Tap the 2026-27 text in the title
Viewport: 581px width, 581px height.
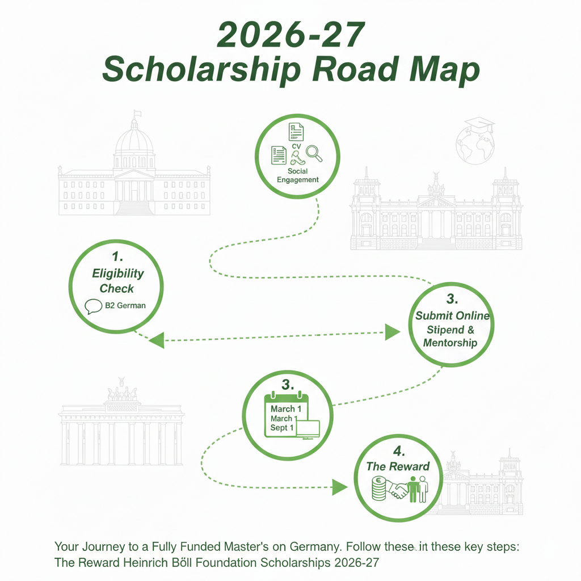click(x=290, y=35)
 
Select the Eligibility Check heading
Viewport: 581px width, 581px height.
click(x=118, y=280)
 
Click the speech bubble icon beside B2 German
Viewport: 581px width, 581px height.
click(x=93, y=306)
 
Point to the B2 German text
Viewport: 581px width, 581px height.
click(x=125, y=305)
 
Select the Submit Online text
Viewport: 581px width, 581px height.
click(x=452, y=316)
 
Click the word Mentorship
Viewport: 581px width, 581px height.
click(x=450, y=343)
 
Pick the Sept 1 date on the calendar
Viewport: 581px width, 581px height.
click(x=281, y=428)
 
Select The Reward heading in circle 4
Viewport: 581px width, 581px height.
click(x=397, y=466)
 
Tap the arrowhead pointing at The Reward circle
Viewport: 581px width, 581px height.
click(x=339, y=486)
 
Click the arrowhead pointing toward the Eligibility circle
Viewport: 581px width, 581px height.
click(x=155, y=340)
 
